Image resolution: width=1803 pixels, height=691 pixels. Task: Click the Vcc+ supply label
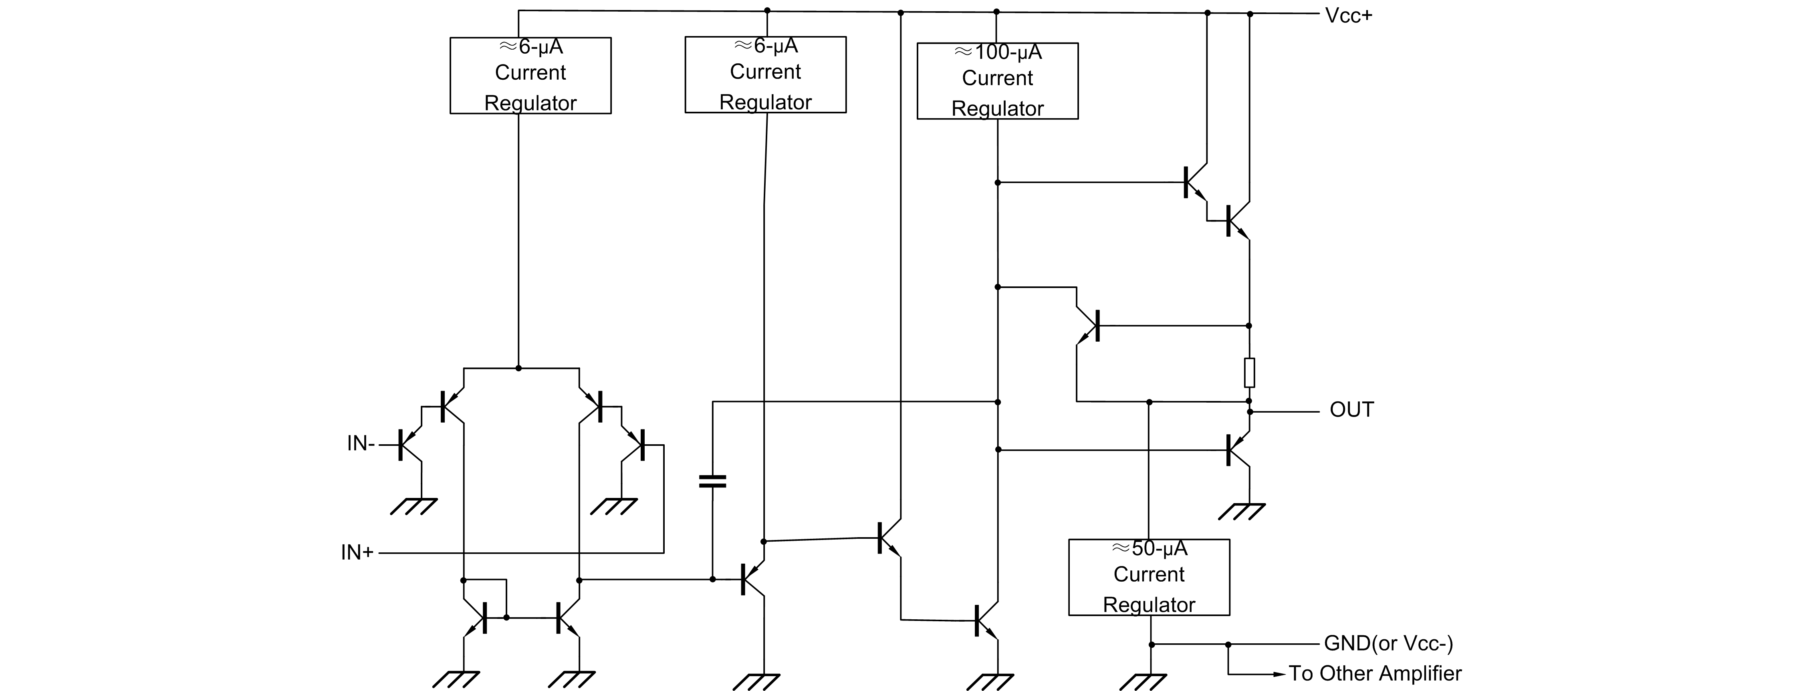[x=1348, y=15]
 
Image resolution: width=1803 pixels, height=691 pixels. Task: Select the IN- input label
[x=361, y=443]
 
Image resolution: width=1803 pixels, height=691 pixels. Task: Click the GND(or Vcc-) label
[x=1388, y=643]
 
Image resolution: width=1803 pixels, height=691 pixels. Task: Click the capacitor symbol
[x=712, y=481]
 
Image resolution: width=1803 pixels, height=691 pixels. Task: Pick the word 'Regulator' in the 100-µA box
[x=997, y=109]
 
